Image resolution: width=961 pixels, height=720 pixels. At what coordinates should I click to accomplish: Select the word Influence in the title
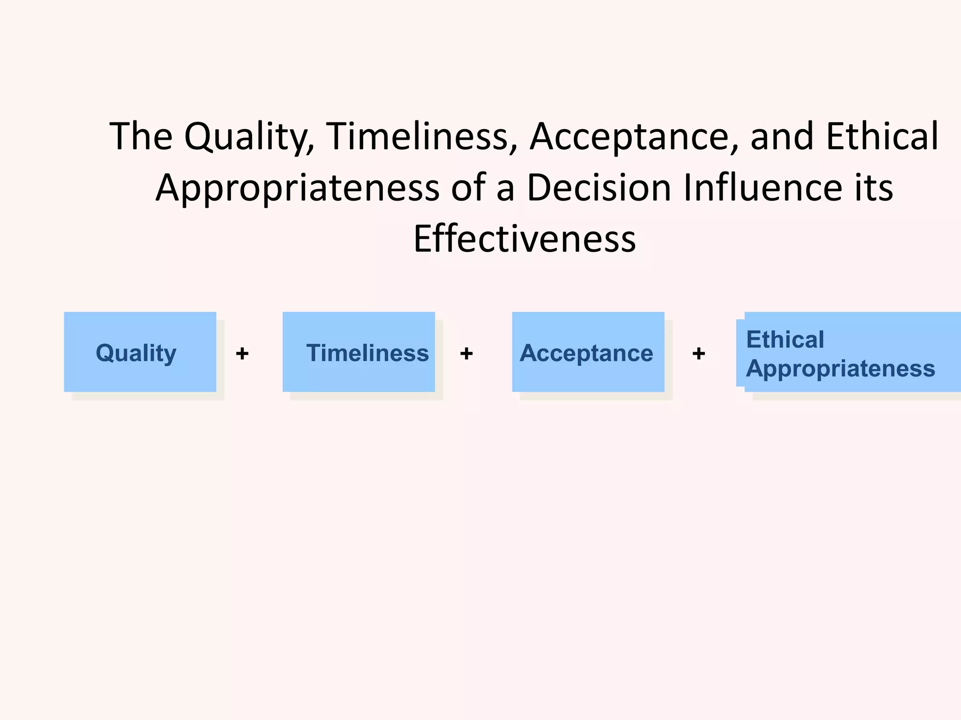[x=763, y=188]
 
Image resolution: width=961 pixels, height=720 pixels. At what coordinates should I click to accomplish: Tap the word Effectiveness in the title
[x=525, y=239]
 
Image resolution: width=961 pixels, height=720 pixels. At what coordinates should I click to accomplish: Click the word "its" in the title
[x=873, y=188]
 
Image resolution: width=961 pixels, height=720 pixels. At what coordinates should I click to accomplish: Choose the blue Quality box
[x=140, y=352]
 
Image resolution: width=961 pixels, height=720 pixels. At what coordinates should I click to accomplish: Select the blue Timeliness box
[x=358, y=352]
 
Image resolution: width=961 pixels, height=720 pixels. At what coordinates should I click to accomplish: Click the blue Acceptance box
[x=588, y=352]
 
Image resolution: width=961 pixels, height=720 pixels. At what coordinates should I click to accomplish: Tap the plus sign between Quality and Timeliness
[x=242, y=353]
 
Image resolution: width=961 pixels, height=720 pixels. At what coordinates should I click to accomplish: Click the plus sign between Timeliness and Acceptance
[x=466, y=353]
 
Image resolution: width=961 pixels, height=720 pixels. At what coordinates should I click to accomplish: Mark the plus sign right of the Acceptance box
[x=699, y=353]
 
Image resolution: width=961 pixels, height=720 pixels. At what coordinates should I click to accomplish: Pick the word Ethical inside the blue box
[x=785, y=339]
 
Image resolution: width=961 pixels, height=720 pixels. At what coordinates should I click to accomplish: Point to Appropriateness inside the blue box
[x=840, y=368]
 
